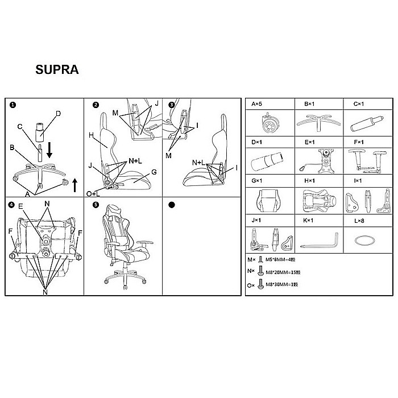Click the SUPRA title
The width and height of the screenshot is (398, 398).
(56, 71)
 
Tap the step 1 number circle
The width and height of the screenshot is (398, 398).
(12, 105)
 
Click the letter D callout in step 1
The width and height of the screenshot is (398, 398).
(57, 113)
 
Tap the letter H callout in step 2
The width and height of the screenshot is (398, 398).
(91, 135)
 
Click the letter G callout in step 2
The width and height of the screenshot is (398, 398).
(154, 171)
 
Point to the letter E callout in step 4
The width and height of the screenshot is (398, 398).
(20, 206)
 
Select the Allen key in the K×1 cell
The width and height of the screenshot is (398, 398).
(319, 241)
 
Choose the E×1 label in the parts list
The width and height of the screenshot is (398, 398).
(310, 141)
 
